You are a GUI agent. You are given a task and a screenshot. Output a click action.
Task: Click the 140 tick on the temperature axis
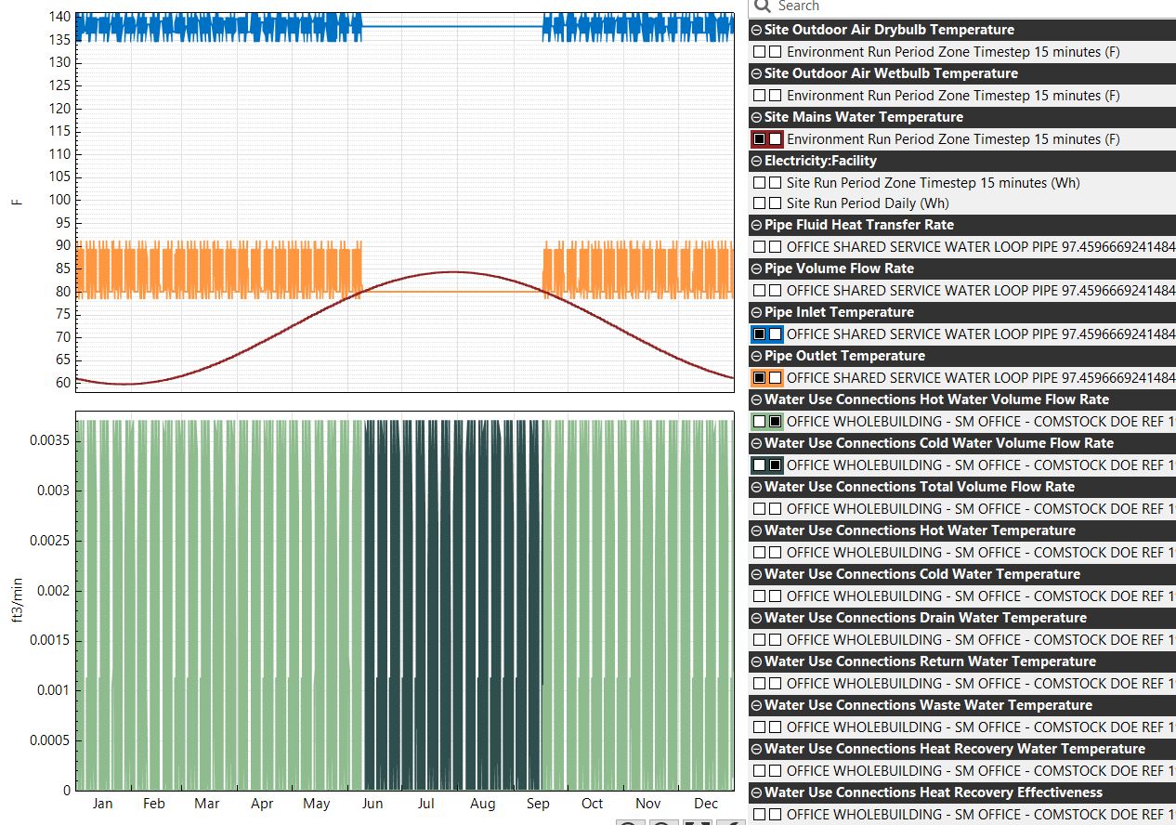(x=59, y=17)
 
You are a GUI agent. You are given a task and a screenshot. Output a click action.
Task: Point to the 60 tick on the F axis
(x=63, y=383)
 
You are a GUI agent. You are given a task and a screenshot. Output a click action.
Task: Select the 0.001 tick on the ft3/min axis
(x=54, y=690)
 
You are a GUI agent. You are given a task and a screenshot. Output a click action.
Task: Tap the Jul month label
(x=425, y=804)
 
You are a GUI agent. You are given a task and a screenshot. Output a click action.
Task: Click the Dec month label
(x=706, y=804)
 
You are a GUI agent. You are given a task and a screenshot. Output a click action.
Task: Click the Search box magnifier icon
(x=764, y=7)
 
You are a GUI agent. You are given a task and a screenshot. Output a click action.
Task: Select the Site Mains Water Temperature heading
(x=863, y=117)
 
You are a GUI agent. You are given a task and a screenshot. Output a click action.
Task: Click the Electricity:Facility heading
(x=820, y=161)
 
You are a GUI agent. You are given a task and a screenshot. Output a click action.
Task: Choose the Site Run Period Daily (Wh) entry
(x=868, y=203)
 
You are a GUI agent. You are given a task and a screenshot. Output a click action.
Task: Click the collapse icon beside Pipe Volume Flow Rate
(x=756, y=269)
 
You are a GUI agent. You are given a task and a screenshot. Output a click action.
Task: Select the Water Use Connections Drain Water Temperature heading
(x=925, y=618)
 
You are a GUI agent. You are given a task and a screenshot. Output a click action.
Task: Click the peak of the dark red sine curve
(x=452, y=272)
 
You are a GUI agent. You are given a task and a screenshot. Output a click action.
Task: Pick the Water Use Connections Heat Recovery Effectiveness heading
(x=934, y=792)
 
